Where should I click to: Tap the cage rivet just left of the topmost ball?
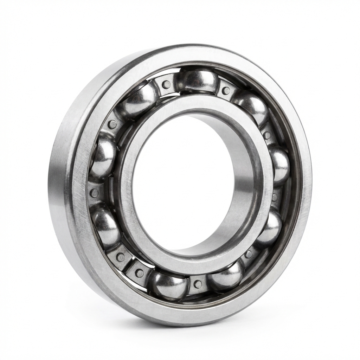(166, 84)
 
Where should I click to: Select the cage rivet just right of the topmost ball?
(226, 90)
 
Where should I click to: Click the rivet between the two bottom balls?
(198, 284)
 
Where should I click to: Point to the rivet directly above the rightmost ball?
(267, 135)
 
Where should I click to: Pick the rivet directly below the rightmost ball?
(275, 197)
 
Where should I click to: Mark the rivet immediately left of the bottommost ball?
(140, 273)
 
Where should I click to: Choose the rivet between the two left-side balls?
(94, 193)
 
